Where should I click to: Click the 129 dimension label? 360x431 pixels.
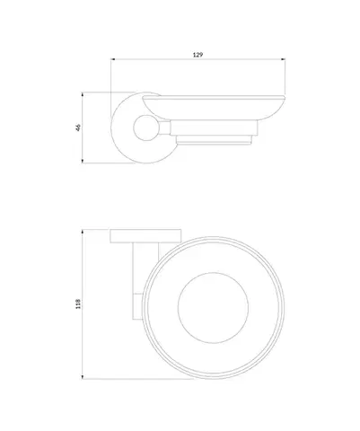coord(198,55)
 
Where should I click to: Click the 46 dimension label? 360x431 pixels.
coord(78,128)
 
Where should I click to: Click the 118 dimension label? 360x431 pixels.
coord(78,303)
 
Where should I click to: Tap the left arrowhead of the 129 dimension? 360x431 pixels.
coord(113,59)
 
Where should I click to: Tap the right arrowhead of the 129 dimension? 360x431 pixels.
coord(283,59)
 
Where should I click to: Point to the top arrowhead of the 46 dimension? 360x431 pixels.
coord(83,94)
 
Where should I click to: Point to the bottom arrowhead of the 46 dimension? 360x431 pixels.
coord(83,161)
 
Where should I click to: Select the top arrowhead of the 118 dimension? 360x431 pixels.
coord(83,232)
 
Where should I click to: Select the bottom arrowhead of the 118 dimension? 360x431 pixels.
coord(83,376)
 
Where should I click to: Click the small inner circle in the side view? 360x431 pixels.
coord(145,128)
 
